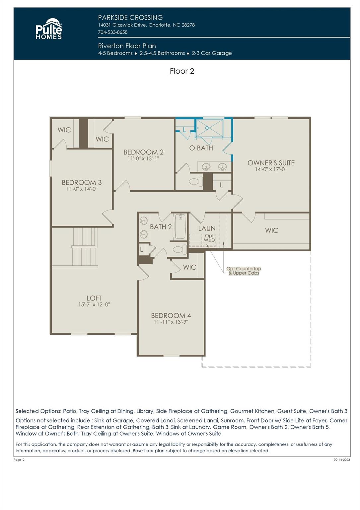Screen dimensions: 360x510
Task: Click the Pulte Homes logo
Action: [x=49, y=29]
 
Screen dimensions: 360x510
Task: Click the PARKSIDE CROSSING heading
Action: [x=130, y=18]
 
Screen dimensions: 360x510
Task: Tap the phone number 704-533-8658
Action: [x=112, y=32]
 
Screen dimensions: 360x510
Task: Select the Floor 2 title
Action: [x=182, y=71]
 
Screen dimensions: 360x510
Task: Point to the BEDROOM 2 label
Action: [x=143, y=152]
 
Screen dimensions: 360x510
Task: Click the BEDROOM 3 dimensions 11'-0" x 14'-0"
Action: [x=82, y=189]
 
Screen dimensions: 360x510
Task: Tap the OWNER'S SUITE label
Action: [x=271, y=163]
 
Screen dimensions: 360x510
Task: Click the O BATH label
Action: [x=201, y=148]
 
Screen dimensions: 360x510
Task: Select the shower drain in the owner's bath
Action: [x=207, y=128]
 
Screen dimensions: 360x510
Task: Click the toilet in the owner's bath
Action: [x=196, y=182]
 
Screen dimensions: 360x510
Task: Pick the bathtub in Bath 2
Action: [x=180, y=226]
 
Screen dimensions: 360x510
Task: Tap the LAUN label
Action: [x=207, y=228]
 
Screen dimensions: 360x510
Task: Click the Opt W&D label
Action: [x=209, y=238]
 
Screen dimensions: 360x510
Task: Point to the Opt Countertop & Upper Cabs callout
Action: [x=244, y=271]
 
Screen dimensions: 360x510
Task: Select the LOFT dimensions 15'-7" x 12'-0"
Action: [x=94, y=304]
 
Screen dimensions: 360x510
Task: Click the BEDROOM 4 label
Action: [x=171, y=315]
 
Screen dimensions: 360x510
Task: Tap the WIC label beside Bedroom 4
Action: [x=189, y=267]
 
